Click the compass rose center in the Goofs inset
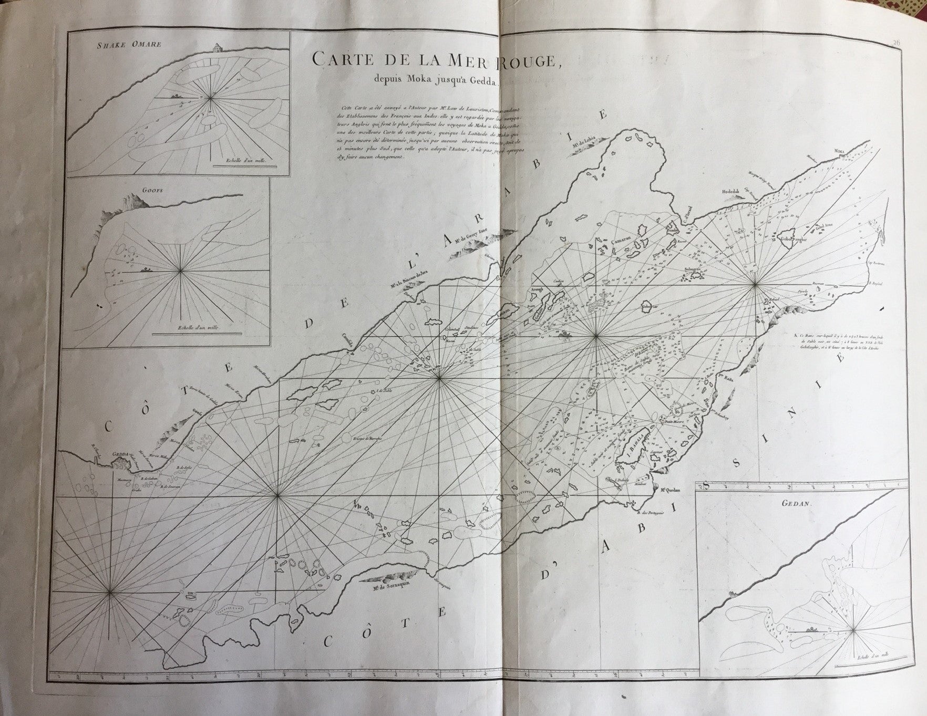pyautogui.click(x=180, y=271)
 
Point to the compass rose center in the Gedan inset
pyautogui.click(x=853, y=629)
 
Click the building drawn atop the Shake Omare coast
pyautogui.click(x=215, y=48)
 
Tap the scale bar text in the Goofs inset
pyautogui.click(x=200, y=326)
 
